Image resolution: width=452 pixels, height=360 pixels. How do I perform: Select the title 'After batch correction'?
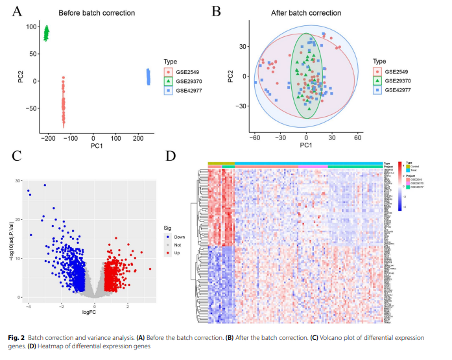(x=306, y=13)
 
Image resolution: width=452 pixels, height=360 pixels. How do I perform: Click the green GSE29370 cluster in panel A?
(x=46, y=32)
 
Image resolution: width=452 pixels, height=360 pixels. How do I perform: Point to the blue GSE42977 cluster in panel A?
(x=148, y=77)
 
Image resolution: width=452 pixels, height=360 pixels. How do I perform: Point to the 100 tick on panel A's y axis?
(x=30, y=27)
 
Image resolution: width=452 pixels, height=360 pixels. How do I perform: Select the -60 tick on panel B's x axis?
(x=255, y=138)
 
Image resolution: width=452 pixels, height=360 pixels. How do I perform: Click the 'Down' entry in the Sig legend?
(x=180, y=237)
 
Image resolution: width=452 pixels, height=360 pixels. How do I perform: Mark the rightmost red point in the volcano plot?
(x=150, y=269)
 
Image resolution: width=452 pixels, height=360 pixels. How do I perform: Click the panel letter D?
(x=171, y=156)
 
